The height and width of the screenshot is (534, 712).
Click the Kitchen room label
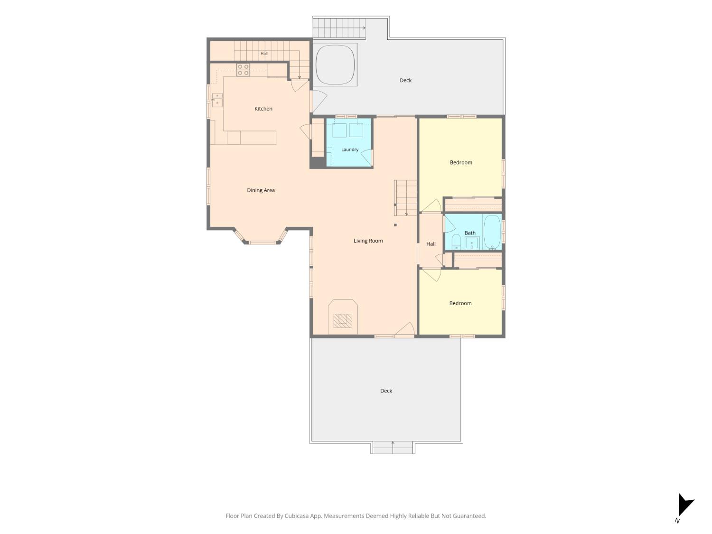263,109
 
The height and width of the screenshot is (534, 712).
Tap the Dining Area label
261,190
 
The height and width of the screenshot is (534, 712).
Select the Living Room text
368,241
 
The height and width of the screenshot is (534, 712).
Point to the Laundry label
349,150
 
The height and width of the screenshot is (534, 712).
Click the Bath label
470,233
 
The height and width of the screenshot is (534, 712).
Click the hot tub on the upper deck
335,65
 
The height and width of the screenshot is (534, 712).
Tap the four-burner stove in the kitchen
243,70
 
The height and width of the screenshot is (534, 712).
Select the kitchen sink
217,100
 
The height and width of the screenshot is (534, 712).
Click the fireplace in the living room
343,317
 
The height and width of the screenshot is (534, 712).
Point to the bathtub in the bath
492,232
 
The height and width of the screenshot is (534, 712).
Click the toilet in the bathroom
456,242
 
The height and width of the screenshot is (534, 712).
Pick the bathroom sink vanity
472,243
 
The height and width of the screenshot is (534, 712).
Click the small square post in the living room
395,225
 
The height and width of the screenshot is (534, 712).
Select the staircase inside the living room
405,198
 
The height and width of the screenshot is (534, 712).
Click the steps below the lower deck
393,448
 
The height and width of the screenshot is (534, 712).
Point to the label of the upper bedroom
460,162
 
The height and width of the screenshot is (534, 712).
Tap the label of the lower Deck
386,391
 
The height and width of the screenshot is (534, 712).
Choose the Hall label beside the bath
431,244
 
